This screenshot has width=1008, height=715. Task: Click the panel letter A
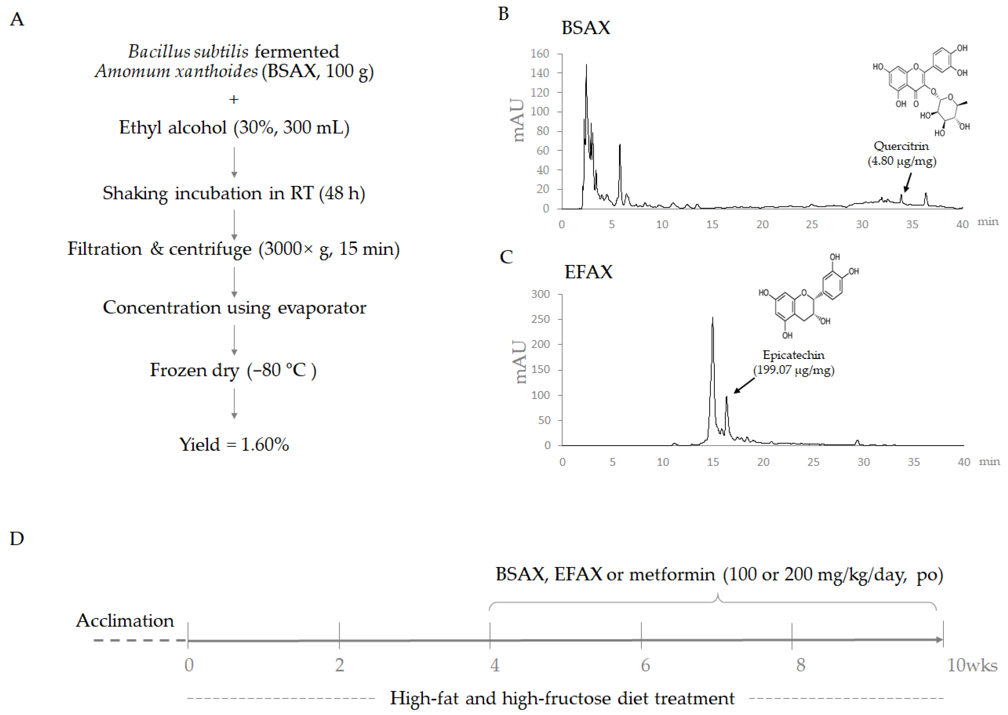[x=17, y=19]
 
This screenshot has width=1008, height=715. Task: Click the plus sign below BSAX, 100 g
[x=234, y=100]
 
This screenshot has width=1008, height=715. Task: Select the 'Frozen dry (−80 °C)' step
[x=233, y=370]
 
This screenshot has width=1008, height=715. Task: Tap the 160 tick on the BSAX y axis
[x=540, y=54]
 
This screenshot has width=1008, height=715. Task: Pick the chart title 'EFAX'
[x=588, y=272]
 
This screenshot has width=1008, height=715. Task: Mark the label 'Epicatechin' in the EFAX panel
[x=793, y=355]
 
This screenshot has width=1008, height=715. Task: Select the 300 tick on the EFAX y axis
[x=540, y=294]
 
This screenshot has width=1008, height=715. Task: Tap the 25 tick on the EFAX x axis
[x=813, y=462]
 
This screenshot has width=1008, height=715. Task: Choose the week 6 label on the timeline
[x=645, y=665]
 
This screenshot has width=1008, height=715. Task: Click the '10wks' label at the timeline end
[x=972, y=665]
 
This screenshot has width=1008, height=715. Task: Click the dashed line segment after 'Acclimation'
[x=140, y=640]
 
